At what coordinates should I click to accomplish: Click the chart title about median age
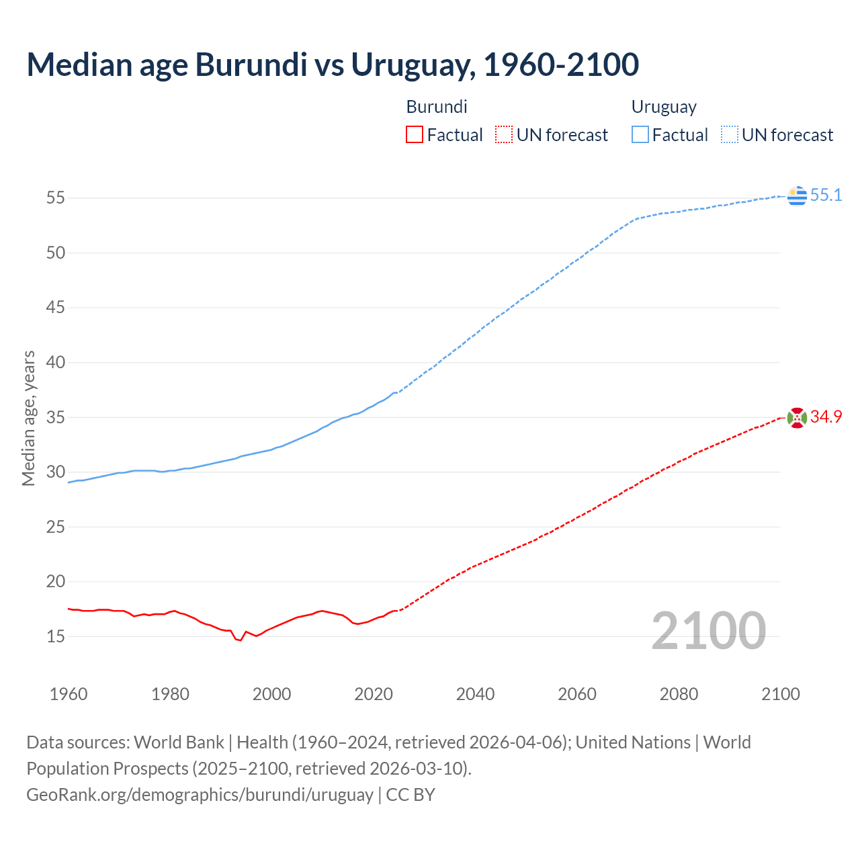(x=333, y=64)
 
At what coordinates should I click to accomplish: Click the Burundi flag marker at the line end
(x=796, y=418)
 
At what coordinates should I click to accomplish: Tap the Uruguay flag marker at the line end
(x=796, y=196)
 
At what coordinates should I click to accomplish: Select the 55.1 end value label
(x=826, y=196)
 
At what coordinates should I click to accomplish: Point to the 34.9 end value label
(x=826, y=417)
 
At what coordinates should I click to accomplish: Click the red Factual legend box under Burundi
(x=415, y=135)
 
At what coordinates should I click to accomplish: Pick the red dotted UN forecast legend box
(x=504, y=135)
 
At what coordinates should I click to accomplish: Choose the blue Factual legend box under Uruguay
(x=640, y=135)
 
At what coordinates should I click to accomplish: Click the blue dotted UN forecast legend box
(x=729, y=135)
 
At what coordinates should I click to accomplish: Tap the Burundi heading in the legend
(x=437, y=107)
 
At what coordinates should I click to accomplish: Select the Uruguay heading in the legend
(x=664, y=107)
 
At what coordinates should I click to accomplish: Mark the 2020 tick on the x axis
(x=374, y=694)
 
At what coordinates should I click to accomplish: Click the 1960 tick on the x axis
(x=69, y=694)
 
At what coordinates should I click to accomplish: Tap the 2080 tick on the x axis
(x=679, y=694)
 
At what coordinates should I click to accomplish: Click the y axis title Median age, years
(x=28, y=418)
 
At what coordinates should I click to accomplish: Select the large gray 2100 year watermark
(x=708, y=631)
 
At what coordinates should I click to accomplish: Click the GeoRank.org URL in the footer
(x=200, y=795)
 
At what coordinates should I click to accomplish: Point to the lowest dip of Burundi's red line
(x=240, y=640)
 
